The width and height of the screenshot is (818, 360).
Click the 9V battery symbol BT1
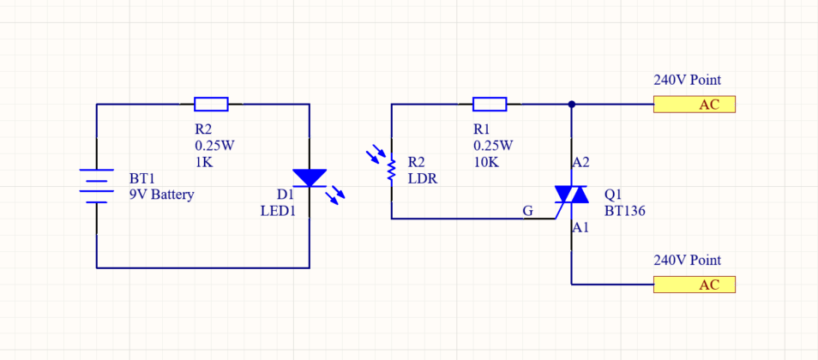click(97, 186)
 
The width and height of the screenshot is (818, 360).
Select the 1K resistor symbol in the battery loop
click(211, 105)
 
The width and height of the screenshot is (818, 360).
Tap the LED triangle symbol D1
click(310, 178)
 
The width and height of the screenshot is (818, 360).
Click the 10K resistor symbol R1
click(490, 105)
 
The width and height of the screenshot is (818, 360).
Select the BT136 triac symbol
click(571, 195)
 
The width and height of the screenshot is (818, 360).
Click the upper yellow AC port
click(695, 105)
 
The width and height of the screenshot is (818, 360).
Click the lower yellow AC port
click(695, 285)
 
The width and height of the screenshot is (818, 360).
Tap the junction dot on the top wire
click(571, 105)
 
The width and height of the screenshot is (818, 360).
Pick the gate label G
click(527, 210)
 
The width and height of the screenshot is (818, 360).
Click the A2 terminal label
click(580, 161)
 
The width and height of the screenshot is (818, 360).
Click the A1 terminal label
click(580, 227)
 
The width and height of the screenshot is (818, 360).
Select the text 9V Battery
click(161, 195)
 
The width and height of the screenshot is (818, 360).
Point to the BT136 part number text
click(624, 210)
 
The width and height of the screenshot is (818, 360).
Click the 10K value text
click(486, 161)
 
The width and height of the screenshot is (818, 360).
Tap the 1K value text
click(204, 161)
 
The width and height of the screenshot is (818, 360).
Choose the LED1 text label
click(278, 210)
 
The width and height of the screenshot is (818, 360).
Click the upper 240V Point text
click(687, 81)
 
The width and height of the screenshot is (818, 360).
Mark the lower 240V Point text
click(687, 261)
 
